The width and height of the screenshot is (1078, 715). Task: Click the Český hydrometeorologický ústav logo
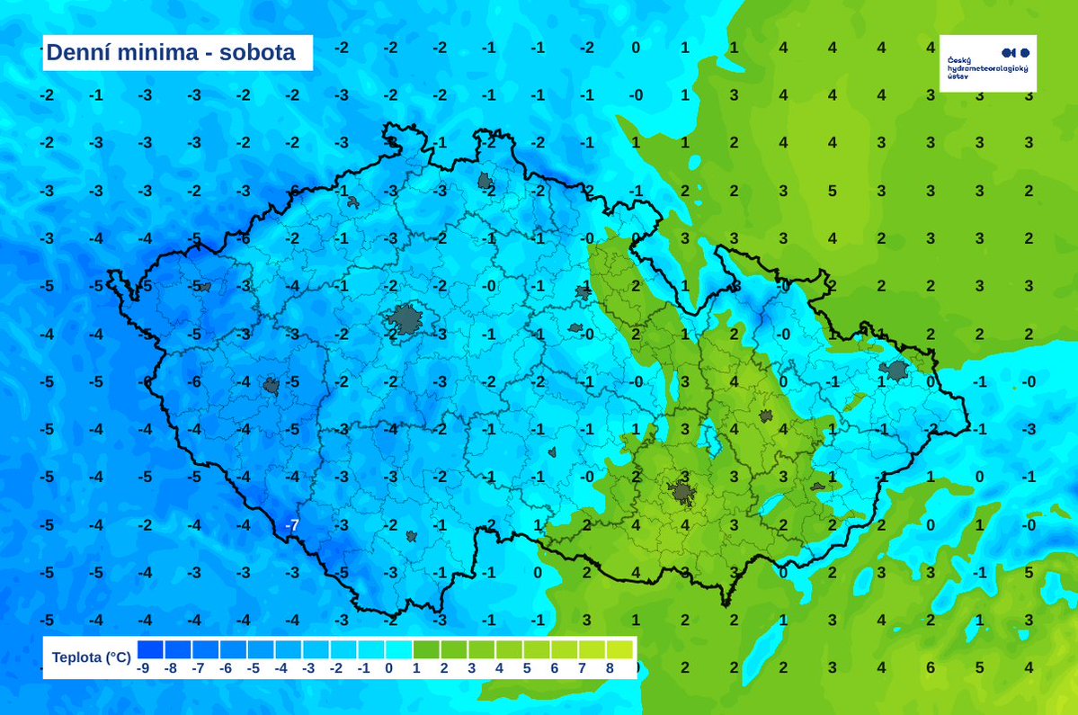point(987,63)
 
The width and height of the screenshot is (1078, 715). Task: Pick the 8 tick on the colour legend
point(609,668)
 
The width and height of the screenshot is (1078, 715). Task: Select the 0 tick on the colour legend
point(389,668)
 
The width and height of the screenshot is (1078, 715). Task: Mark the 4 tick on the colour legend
point(499,668)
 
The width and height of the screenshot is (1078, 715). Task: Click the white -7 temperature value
point(291,524)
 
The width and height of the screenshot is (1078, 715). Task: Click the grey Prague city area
point(405,319)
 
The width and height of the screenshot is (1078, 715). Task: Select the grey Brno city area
point(681,492)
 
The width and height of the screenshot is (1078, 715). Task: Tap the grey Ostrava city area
point(895,370)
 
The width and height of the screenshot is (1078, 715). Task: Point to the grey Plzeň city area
point(271,387)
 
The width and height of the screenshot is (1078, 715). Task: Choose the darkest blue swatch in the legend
point(151,649)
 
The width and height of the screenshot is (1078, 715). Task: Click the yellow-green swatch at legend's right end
point(620,649)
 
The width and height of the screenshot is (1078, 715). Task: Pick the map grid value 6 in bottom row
point(931,667)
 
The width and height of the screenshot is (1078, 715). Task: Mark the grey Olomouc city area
point(766,416)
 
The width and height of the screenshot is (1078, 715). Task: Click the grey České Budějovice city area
point(411,536)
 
